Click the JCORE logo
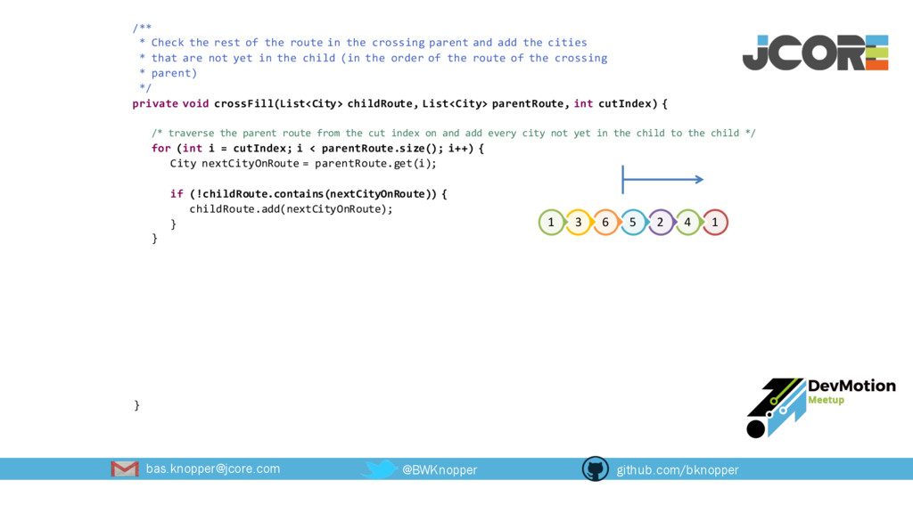pyautogui.click(x=815, y=53)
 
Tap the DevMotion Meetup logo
pyautogui.click(x=820, y=406)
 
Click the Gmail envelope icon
pyautogui.click(x=125, y=468)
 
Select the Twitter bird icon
pyautogui.click(x=381, y=468)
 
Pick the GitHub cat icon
pyautogui.click(x=595, y=468)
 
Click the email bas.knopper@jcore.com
pyautogui.click(x=213, y=468)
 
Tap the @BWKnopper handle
pyautogui.click(x=440, y=469)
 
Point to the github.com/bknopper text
pyautogui.click(x=678, y=469)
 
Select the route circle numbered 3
pyautogui.click(x=578, y=222)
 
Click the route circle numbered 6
pyautogui.click(x=605, y=222)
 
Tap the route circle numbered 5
pyautogui.click(x=633, y=222)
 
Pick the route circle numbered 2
pyautogui.click(x=660, y=222)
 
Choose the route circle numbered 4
pyautogui.click(x=687, y=222)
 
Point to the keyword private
pyautogui.click(x=154, y=103)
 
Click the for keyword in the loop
pyautogui.click(x=160, y=148)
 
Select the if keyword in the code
pyautogui.click(x=176, y=193)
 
